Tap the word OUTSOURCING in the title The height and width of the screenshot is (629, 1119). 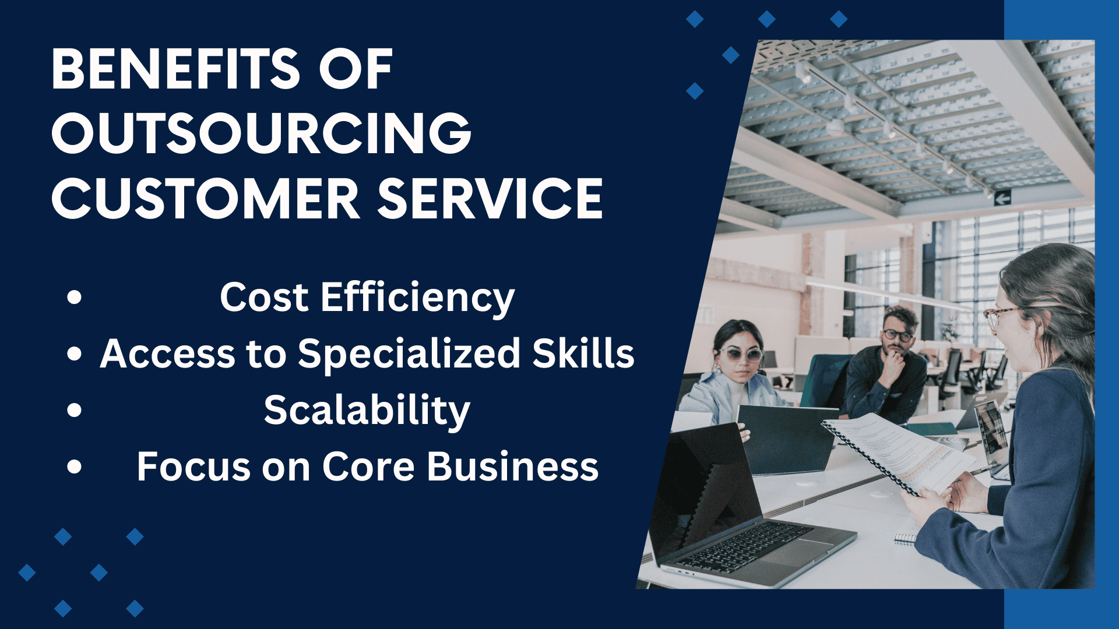(262, 133)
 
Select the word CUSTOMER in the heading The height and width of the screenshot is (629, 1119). (206, 199)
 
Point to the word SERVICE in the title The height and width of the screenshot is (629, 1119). (490, 199)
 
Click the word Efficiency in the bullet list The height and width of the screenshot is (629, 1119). (417, 298)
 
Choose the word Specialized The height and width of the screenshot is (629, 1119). (409, 355)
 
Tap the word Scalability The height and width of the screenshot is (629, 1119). (367, 411)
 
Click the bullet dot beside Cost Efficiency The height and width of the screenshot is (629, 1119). (74, 297)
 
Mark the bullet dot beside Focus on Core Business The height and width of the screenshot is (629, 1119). (74, 467)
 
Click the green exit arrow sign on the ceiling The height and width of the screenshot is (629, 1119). (1002, 199)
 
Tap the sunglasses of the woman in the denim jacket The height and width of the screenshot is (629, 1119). (740, 354)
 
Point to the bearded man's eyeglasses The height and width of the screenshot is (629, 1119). (897, 335)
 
